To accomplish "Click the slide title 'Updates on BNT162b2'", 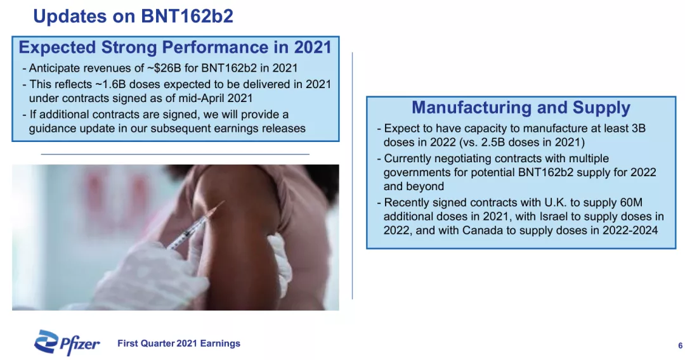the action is (x=133, y=16).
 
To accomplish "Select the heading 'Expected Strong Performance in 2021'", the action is (x=175, y=47).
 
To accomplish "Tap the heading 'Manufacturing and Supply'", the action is (x=521, y=107).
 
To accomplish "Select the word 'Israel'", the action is (x=554, y=216).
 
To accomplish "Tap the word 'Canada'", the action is (x=483, y=231).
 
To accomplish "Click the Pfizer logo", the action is (x=67, y=342).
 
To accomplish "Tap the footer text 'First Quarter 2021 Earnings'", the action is (x=179, y=344).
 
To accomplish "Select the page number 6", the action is (x=680, y=345).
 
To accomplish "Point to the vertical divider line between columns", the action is (x=352, y=176).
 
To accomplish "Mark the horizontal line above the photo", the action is (x=175, y=154).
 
